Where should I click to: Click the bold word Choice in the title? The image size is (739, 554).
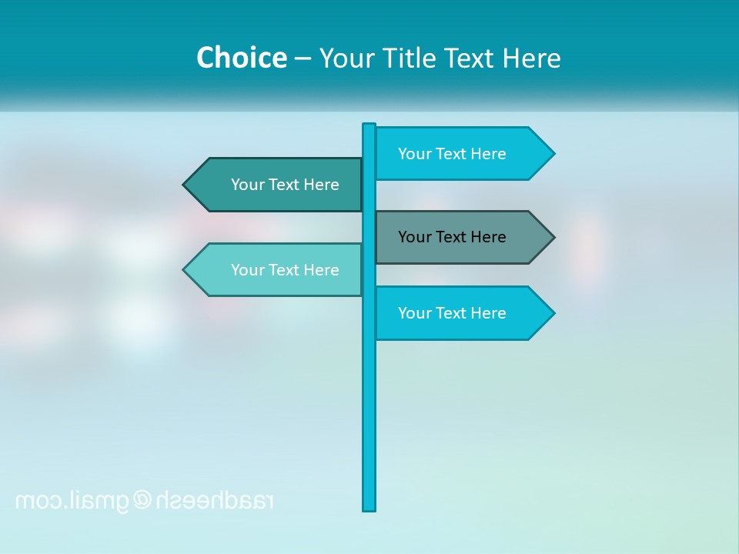[x=241, y=58]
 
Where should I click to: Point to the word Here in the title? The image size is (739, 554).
[x=531, y=58]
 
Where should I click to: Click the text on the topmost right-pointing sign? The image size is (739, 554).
[x=452, y=154]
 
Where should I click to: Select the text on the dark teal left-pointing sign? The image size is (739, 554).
[x=285, y=185]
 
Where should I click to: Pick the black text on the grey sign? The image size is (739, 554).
[x=452, y=237]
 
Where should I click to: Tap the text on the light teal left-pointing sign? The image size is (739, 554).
[x=285, y=270]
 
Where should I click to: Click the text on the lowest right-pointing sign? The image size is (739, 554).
[x=452, y=313]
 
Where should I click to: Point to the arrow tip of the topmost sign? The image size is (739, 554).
[x=553, y=154]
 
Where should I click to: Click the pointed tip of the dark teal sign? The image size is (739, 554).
[x=185, y=185]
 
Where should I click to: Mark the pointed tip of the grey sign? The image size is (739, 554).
[x=553, y=237]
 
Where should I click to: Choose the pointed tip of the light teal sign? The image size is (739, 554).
[x=185, y=269]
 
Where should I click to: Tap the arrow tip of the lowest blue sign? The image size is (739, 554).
[x=553, y=313]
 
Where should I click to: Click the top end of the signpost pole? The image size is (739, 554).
[x=369, y=125]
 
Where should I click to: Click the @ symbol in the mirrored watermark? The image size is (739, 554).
[x=142, y=500]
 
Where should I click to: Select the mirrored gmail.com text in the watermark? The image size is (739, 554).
[x=73, y=501]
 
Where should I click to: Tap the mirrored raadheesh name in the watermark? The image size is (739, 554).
[x=216, y=500]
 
